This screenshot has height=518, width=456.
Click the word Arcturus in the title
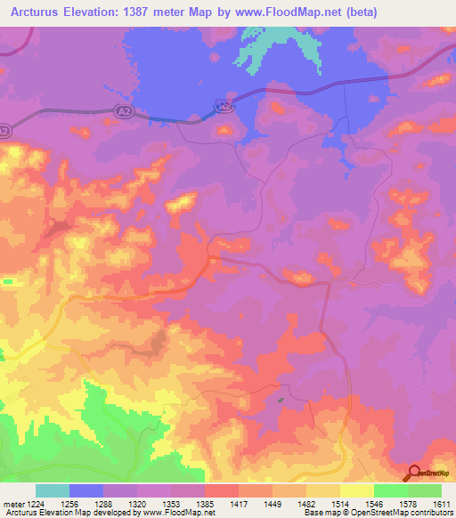click(x=37, y=12)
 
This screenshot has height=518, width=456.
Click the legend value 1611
click(x=441, y=503)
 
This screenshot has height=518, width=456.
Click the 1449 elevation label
click(x=273, y=503)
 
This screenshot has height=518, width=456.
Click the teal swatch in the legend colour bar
click(x=53, y=490)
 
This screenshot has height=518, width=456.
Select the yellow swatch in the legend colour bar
click(x=357, y=490)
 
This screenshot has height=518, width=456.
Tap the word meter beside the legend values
click(x=12, y=503)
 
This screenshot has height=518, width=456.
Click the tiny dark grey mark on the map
click(x=281, y=400)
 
